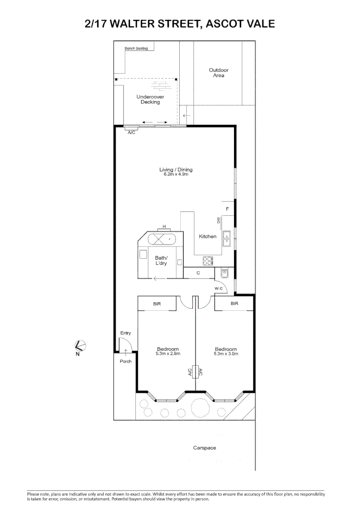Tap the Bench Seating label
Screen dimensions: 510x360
point(136,49)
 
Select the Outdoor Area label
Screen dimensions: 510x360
point(218,73)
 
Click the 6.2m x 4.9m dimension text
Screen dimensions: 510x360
point(176,175)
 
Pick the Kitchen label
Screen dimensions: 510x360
point(208,236)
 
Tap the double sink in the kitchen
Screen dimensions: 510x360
point(227,238)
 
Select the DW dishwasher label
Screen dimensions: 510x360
point(218,221)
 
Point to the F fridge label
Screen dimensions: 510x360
point(227,208)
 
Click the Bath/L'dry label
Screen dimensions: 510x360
point(161,260)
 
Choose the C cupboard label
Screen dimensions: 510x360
point(198,273)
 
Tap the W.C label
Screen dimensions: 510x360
point(219,288)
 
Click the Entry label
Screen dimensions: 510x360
point(126,333)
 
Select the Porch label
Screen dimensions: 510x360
point(126,361)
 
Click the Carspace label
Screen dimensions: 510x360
point(204,448)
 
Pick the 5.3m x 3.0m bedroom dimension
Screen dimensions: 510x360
point(226,353)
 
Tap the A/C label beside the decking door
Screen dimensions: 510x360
point(132,133)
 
